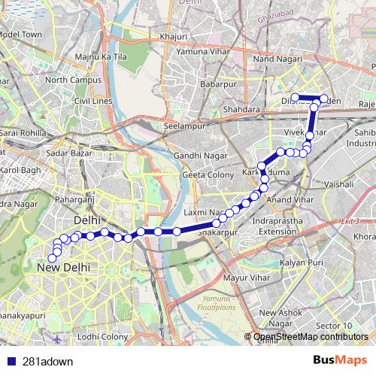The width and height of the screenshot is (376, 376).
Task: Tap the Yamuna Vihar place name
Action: pos(201,52)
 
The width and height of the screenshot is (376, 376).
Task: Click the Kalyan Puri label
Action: pos(302,264)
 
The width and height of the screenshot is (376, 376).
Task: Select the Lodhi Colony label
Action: pos(103,336)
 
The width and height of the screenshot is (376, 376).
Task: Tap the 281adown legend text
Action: pos(47,362)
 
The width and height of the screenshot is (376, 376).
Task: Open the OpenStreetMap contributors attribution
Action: pos(311,337)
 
